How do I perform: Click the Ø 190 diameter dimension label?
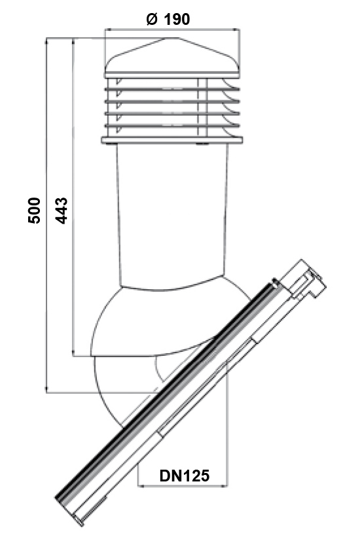tap(168, 19)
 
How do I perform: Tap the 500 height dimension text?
tap(34, 211)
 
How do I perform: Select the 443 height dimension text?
tap(62, 211)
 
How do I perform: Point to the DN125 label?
tap(185, 476)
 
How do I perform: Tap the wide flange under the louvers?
tap(172, 140)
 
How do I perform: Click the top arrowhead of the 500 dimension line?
tap(46, 41)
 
